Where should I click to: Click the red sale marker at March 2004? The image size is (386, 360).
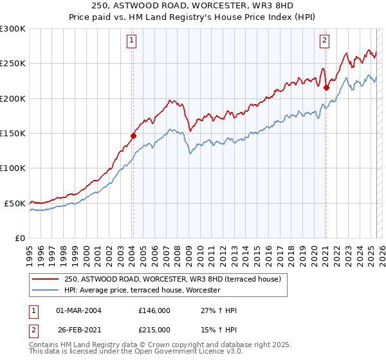coord(133,136)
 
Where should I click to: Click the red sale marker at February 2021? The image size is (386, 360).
coord(326,87)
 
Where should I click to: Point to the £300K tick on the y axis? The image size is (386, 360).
coord(14,29)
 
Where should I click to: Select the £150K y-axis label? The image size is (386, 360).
coord(14,133)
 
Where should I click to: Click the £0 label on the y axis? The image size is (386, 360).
coord(21,238)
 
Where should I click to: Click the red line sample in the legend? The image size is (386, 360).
coord(46,280)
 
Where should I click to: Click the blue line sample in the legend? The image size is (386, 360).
coord(46,291)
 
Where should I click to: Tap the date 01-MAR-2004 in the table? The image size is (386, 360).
coord(78,310)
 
